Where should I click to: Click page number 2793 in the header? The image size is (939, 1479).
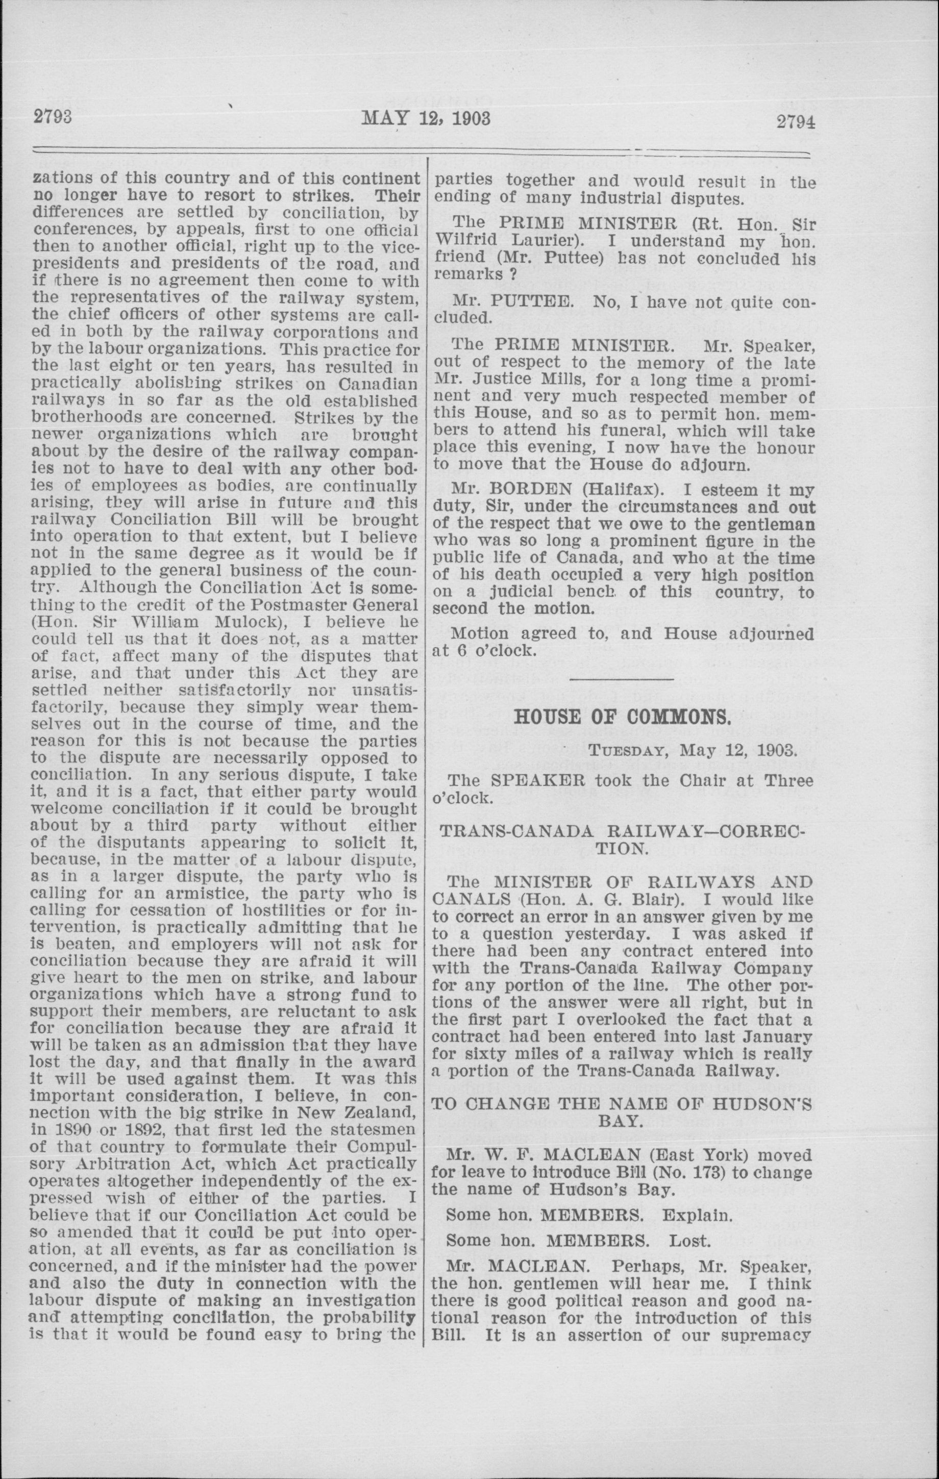coord(53,116)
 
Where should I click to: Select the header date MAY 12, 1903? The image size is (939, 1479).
coord(426,117)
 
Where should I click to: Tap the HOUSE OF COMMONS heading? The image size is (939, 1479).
coord(623,717)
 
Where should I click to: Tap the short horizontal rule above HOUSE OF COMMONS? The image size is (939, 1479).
coord(622,679)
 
